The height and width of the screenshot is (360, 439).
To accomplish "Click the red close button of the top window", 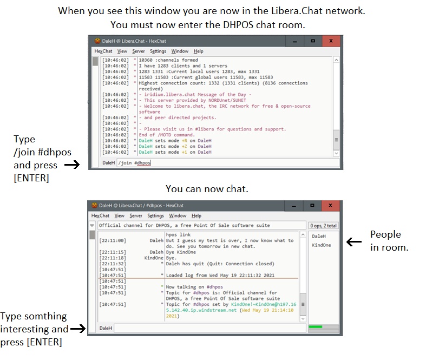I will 331,41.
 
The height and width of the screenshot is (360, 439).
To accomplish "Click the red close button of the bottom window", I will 331,206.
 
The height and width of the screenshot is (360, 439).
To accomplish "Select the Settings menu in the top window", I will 158,51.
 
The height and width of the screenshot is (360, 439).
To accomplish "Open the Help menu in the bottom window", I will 196,215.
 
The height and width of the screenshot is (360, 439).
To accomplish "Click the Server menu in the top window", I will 138,51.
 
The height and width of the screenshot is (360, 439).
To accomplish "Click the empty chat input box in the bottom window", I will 208,328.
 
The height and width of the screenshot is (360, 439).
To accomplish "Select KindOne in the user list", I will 321,245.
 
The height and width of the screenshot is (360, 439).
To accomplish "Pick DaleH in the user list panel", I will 319,236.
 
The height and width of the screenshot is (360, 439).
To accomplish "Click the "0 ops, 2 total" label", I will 323,225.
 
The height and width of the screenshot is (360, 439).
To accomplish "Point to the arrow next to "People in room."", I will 353,242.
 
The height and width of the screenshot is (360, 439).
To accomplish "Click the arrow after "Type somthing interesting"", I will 80,328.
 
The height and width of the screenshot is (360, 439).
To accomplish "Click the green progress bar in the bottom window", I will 315,327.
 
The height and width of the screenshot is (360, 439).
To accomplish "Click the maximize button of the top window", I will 313,41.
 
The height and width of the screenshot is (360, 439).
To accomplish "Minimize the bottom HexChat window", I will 294,206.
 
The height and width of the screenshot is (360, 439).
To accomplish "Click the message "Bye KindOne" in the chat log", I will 181,252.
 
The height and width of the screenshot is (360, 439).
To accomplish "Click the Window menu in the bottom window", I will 178,215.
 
